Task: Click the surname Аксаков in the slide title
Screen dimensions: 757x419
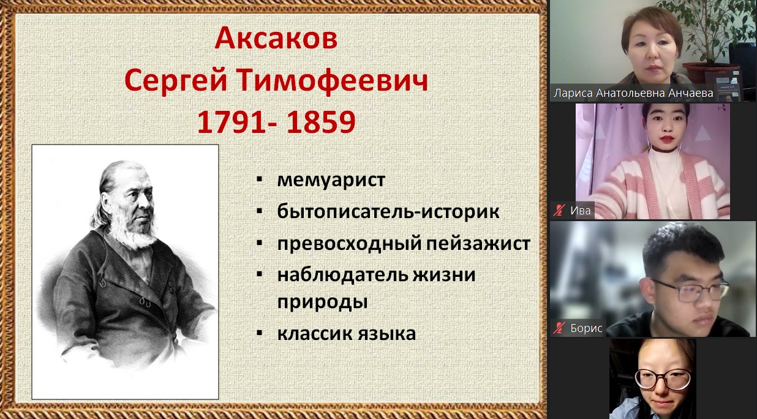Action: tap(276, 39)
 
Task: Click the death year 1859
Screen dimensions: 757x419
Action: tap(321, 122)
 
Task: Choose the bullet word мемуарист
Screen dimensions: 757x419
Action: tap(331, 179)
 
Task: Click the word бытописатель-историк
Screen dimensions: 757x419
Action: tap(388, 211)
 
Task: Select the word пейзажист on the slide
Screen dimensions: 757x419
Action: tap(478, 244)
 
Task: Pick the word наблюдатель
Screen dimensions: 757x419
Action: tap(342, 275)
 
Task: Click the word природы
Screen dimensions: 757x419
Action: tap(322, 302)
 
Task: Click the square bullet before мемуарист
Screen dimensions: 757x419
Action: tap(259, 179)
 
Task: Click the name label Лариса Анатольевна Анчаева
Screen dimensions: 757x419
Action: tap(633, 93)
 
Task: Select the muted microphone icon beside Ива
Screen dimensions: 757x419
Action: tap(559, 211)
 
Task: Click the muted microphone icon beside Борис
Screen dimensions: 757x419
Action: tap(559, 328)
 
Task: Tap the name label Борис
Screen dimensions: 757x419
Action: tap(586, 328)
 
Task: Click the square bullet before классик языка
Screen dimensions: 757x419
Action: tap(259, 333)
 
